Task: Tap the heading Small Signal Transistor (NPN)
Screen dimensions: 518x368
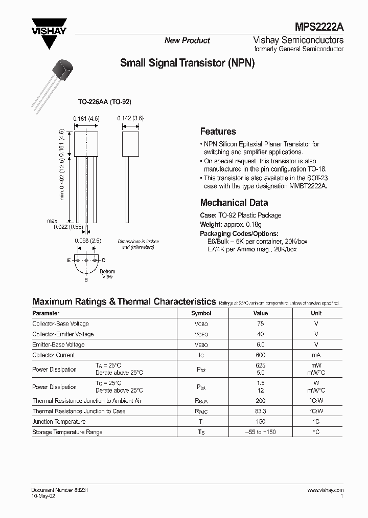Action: (187, 63)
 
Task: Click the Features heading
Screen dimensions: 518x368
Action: (218, 132)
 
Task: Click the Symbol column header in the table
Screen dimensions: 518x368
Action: (201, 313)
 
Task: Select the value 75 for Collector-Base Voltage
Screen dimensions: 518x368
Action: (260, 324)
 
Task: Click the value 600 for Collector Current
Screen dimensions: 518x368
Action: (260, 355)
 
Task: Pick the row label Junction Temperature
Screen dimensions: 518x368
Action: (59, 422)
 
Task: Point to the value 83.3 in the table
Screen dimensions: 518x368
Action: (260, 412)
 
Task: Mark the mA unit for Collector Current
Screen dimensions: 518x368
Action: (316, 355)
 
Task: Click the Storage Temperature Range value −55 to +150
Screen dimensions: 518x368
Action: (260, 432)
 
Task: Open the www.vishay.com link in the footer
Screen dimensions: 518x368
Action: (325, 490)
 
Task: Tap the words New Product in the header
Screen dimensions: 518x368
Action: (187, 40)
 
